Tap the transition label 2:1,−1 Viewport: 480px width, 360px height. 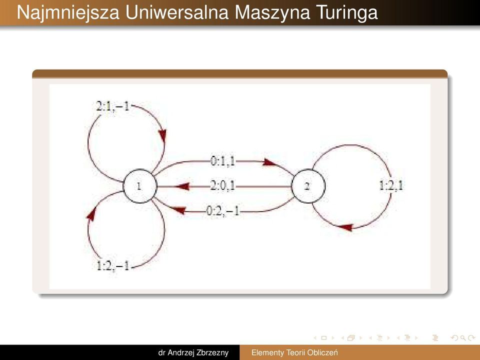[x=113, y=106]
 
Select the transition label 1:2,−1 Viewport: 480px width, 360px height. [x=113, y=265]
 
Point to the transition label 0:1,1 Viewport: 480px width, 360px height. [x=223, y=160]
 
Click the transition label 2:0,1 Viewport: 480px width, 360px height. [x=223, y=185]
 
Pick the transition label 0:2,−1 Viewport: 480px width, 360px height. [x=223, y=210]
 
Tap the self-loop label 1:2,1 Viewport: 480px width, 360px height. [x=391, y=185]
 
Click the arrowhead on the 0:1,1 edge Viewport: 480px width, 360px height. [x=270, y=162]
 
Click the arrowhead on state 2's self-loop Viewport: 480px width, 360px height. [x=346, y=227]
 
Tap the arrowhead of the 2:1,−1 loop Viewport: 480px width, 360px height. [x=162, y=136]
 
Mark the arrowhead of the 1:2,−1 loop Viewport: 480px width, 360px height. [x=91, y=213]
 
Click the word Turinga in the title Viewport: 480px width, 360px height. [x=346, y=13]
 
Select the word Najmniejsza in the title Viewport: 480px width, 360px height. [x=68, y=13]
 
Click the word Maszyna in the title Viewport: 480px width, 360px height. [x=272, y=13]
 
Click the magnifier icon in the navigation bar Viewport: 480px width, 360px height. [x=463, y=338]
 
